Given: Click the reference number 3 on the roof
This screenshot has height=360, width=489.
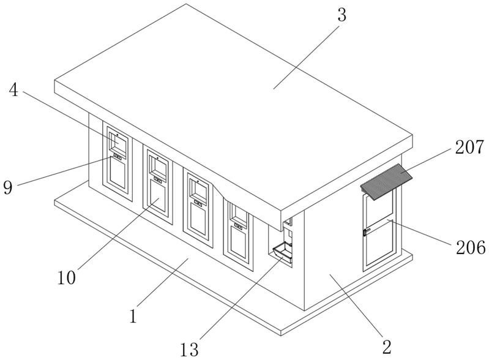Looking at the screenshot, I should [342, 15].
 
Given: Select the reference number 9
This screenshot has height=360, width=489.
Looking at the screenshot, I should [8, 187].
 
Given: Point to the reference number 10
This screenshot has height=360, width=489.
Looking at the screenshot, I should [67, 277].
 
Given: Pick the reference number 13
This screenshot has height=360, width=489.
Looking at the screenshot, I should [190, 350].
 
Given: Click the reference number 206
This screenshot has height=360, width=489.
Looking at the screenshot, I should [469, 247].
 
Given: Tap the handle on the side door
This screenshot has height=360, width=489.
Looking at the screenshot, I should [366, 231].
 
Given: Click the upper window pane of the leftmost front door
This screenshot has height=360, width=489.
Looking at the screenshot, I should [117, 143].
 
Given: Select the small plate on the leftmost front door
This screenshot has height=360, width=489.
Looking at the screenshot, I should [116, 158].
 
